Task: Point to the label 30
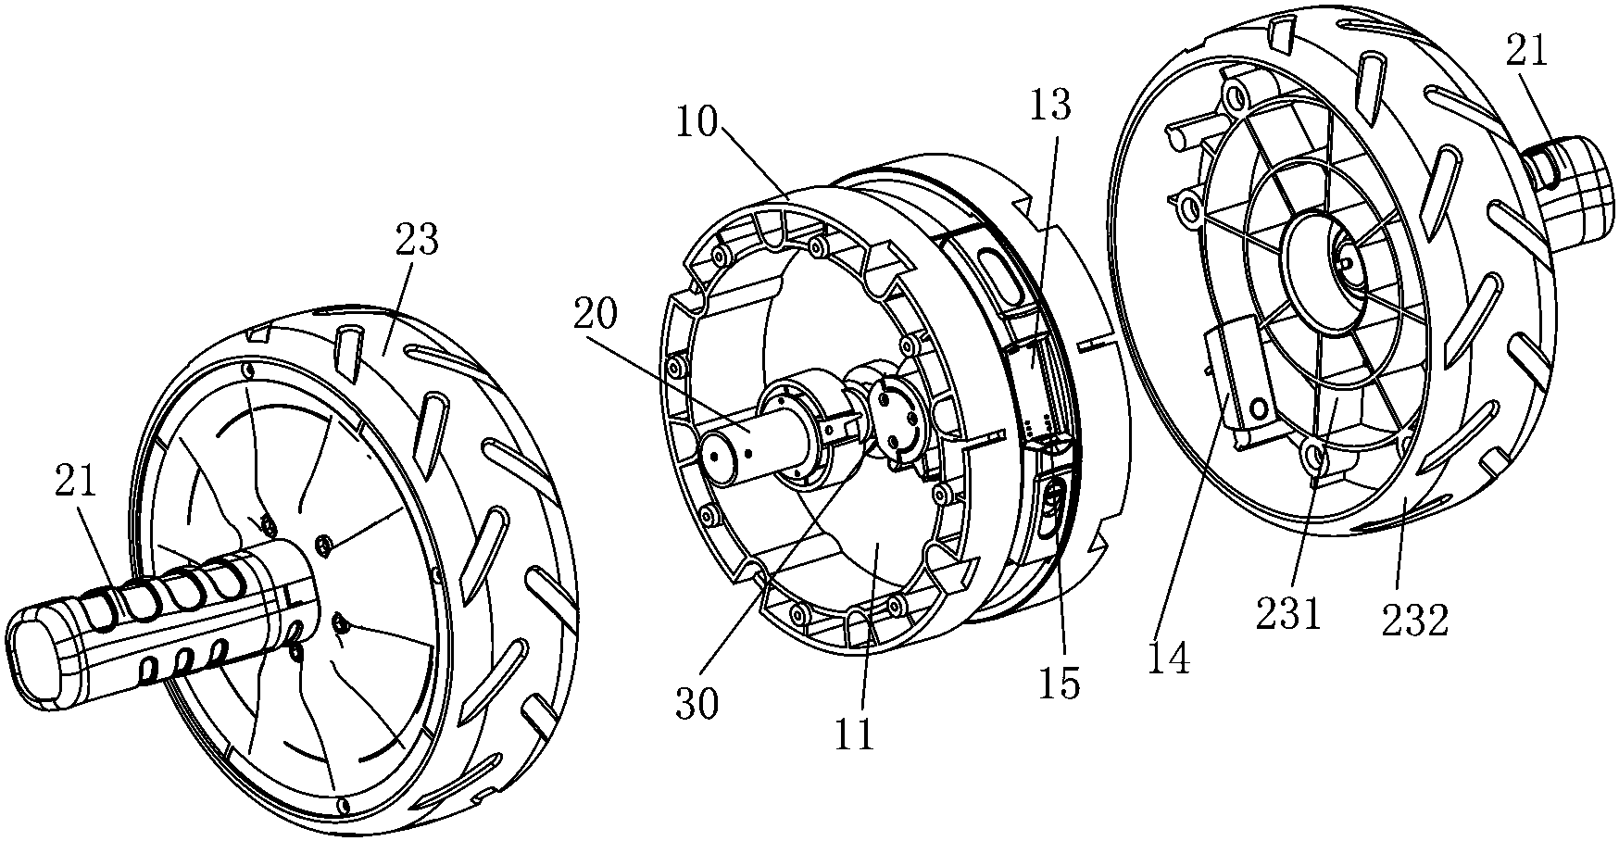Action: (x=696, y=706)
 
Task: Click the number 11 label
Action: (x=854, y=734)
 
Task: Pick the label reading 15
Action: (x=1060, y=684)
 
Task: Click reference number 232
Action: (x=1414, y=620)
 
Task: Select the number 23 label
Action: (x=417, y=241)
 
